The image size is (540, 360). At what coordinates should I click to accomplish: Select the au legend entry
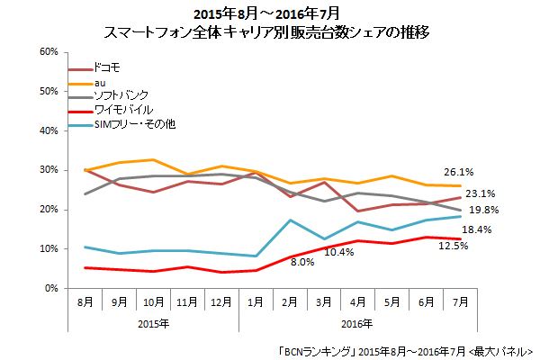[100, 82]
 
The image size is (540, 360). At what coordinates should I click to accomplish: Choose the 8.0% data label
[301, 262]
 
